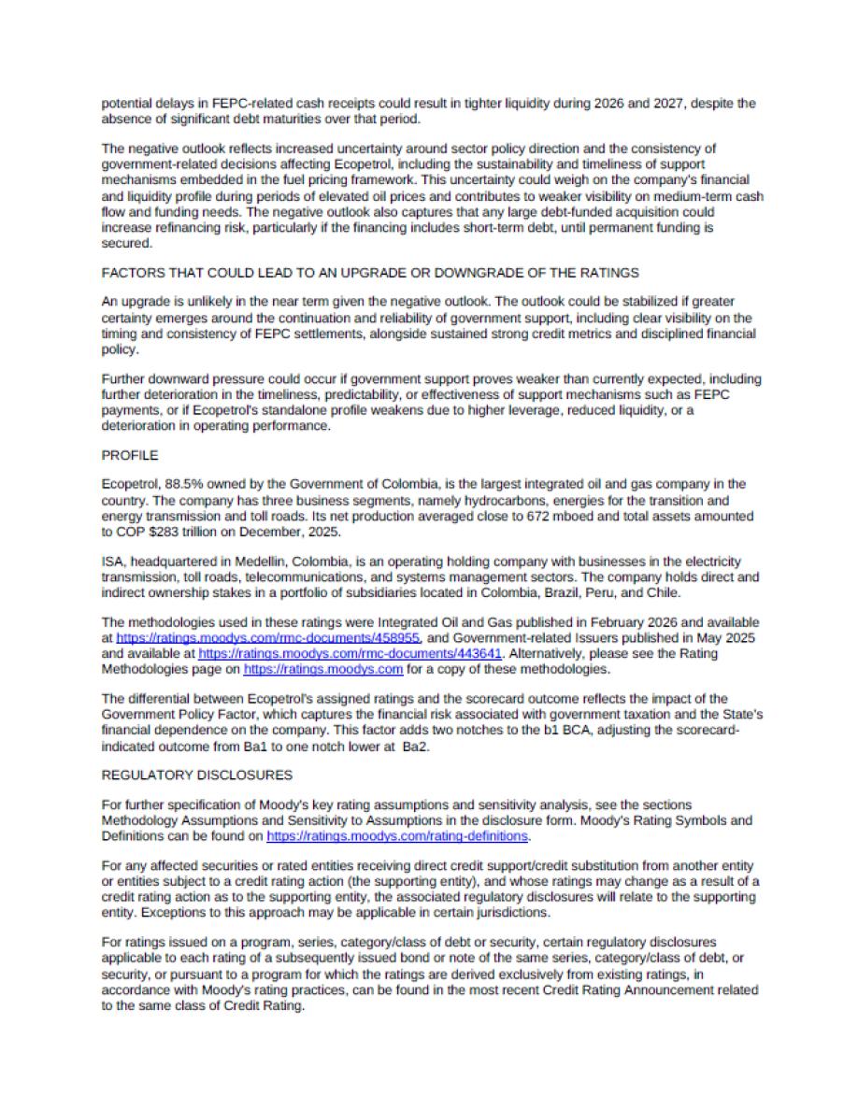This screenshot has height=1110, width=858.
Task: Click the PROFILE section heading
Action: click(x=129, y=456)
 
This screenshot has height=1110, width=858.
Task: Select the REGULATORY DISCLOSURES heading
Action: click(x=196, y=775)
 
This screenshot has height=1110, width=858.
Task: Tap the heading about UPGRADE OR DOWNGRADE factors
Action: click(x=369, y=273)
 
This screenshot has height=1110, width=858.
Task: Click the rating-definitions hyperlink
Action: click(x=398, y=836)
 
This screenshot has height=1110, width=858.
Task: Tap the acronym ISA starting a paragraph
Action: click(x=112, y=562)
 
